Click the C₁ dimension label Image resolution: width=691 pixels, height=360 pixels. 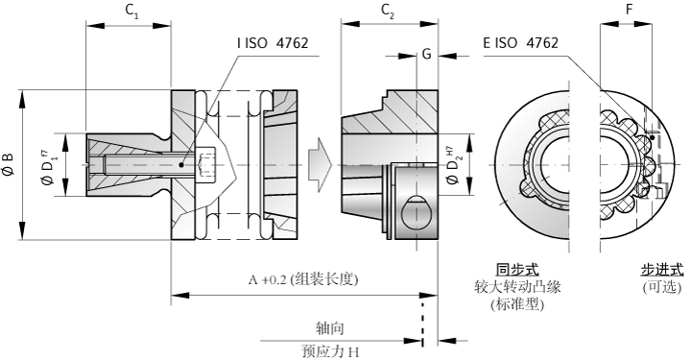[x=131, y=12]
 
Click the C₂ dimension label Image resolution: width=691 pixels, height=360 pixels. [x=388, y=12]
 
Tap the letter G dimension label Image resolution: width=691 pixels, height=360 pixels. [x=426, y=54]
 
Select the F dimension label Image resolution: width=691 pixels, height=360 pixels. [x=630, y=10]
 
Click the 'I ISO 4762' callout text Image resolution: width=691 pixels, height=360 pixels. [x=273, y=43]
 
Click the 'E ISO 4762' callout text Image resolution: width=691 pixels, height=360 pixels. [x=520, y=43]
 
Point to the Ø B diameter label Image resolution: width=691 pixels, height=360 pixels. [x=9, y=164]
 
